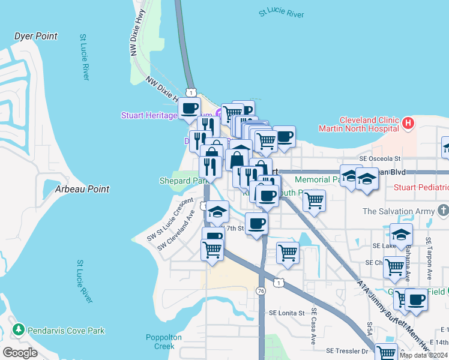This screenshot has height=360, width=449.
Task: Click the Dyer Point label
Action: (36, 37)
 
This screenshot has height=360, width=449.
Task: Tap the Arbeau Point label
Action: (82, 189)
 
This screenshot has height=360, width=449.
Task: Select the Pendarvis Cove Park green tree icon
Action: (19, 331)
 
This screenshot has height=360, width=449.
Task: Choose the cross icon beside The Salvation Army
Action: (443, 211)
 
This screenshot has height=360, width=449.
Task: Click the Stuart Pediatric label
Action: (421, 188)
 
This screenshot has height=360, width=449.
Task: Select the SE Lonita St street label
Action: (288, 313)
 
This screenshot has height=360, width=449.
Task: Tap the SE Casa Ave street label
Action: (313, 327)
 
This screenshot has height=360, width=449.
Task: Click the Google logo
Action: (20, 353)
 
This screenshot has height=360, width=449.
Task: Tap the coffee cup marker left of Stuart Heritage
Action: (189, 109)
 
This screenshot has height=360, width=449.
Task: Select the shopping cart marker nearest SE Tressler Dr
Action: (387, 353)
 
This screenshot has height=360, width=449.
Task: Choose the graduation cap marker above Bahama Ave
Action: (401, 235)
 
